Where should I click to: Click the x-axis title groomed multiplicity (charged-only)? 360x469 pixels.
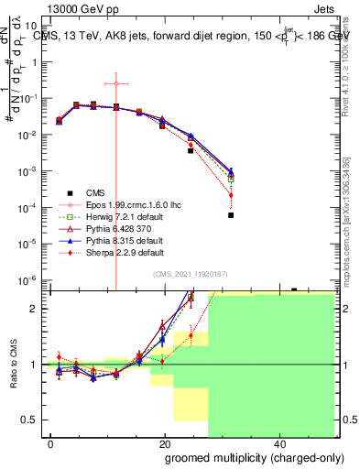pos(241,457)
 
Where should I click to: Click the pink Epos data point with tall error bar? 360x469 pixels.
pos(116,83)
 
